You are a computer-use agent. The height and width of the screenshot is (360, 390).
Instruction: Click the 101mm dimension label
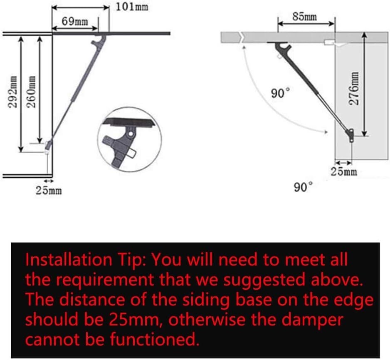click(x=132, y=7)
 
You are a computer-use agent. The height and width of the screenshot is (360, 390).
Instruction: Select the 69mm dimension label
click(x=75, y=21)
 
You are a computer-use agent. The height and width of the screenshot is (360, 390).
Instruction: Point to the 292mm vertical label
click(x=12, y=92)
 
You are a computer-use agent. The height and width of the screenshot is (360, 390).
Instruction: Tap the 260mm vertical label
click(x=32, y=92)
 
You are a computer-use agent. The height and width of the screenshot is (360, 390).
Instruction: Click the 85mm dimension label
click(x=305, y=17)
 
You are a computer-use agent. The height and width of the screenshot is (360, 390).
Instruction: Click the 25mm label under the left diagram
click(x=49, y=191)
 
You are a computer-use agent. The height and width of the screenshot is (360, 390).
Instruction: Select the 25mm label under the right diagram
click(x=344, y=171)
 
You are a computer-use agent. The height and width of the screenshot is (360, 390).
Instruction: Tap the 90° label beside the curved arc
click(x=280, y=93)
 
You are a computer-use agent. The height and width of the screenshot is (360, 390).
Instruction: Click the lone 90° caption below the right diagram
click(x=303, y=187)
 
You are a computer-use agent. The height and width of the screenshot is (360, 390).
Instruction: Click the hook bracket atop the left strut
click(x=99, y=42)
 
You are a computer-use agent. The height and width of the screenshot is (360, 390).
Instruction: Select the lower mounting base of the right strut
click(x=351, y=135)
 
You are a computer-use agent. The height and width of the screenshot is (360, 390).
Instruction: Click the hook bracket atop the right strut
click(x=283, y=49)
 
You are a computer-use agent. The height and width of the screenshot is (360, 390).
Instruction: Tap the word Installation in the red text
click(x=69, y=260)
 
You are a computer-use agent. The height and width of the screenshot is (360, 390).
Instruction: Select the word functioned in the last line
click(x=155, y=339)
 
